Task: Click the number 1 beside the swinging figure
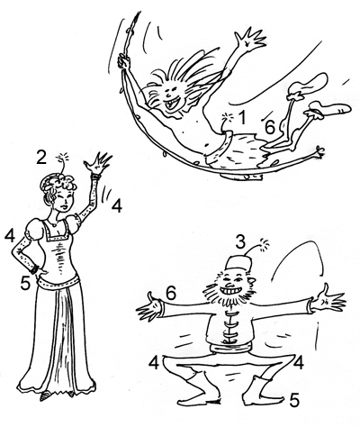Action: [x=242, y=117]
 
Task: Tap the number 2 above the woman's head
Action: [x=41, y=157]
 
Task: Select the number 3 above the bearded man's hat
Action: [x=240, y=242]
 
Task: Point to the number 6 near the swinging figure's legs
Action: [x=269, y=127]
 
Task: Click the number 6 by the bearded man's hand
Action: [x=170, y=293]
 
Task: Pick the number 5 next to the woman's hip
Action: [x=25, y=283]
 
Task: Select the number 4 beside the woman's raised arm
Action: [x=116, y=206]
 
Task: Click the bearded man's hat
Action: [x=238, y=264]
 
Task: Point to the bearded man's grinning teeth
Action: [x=229, y=291]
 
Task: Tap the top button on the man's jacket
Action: [x=231, y=314]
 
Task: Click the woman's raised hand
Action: [x=97, y=164]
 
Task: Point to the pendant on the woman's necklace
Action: [x=54, y=224]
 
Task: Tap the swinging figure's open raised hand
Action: [x=250, y=39]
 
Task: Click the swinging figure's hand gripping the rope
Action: [x=123, y=61]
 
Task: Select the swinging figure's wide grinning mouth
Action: [x=172, y=104]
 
